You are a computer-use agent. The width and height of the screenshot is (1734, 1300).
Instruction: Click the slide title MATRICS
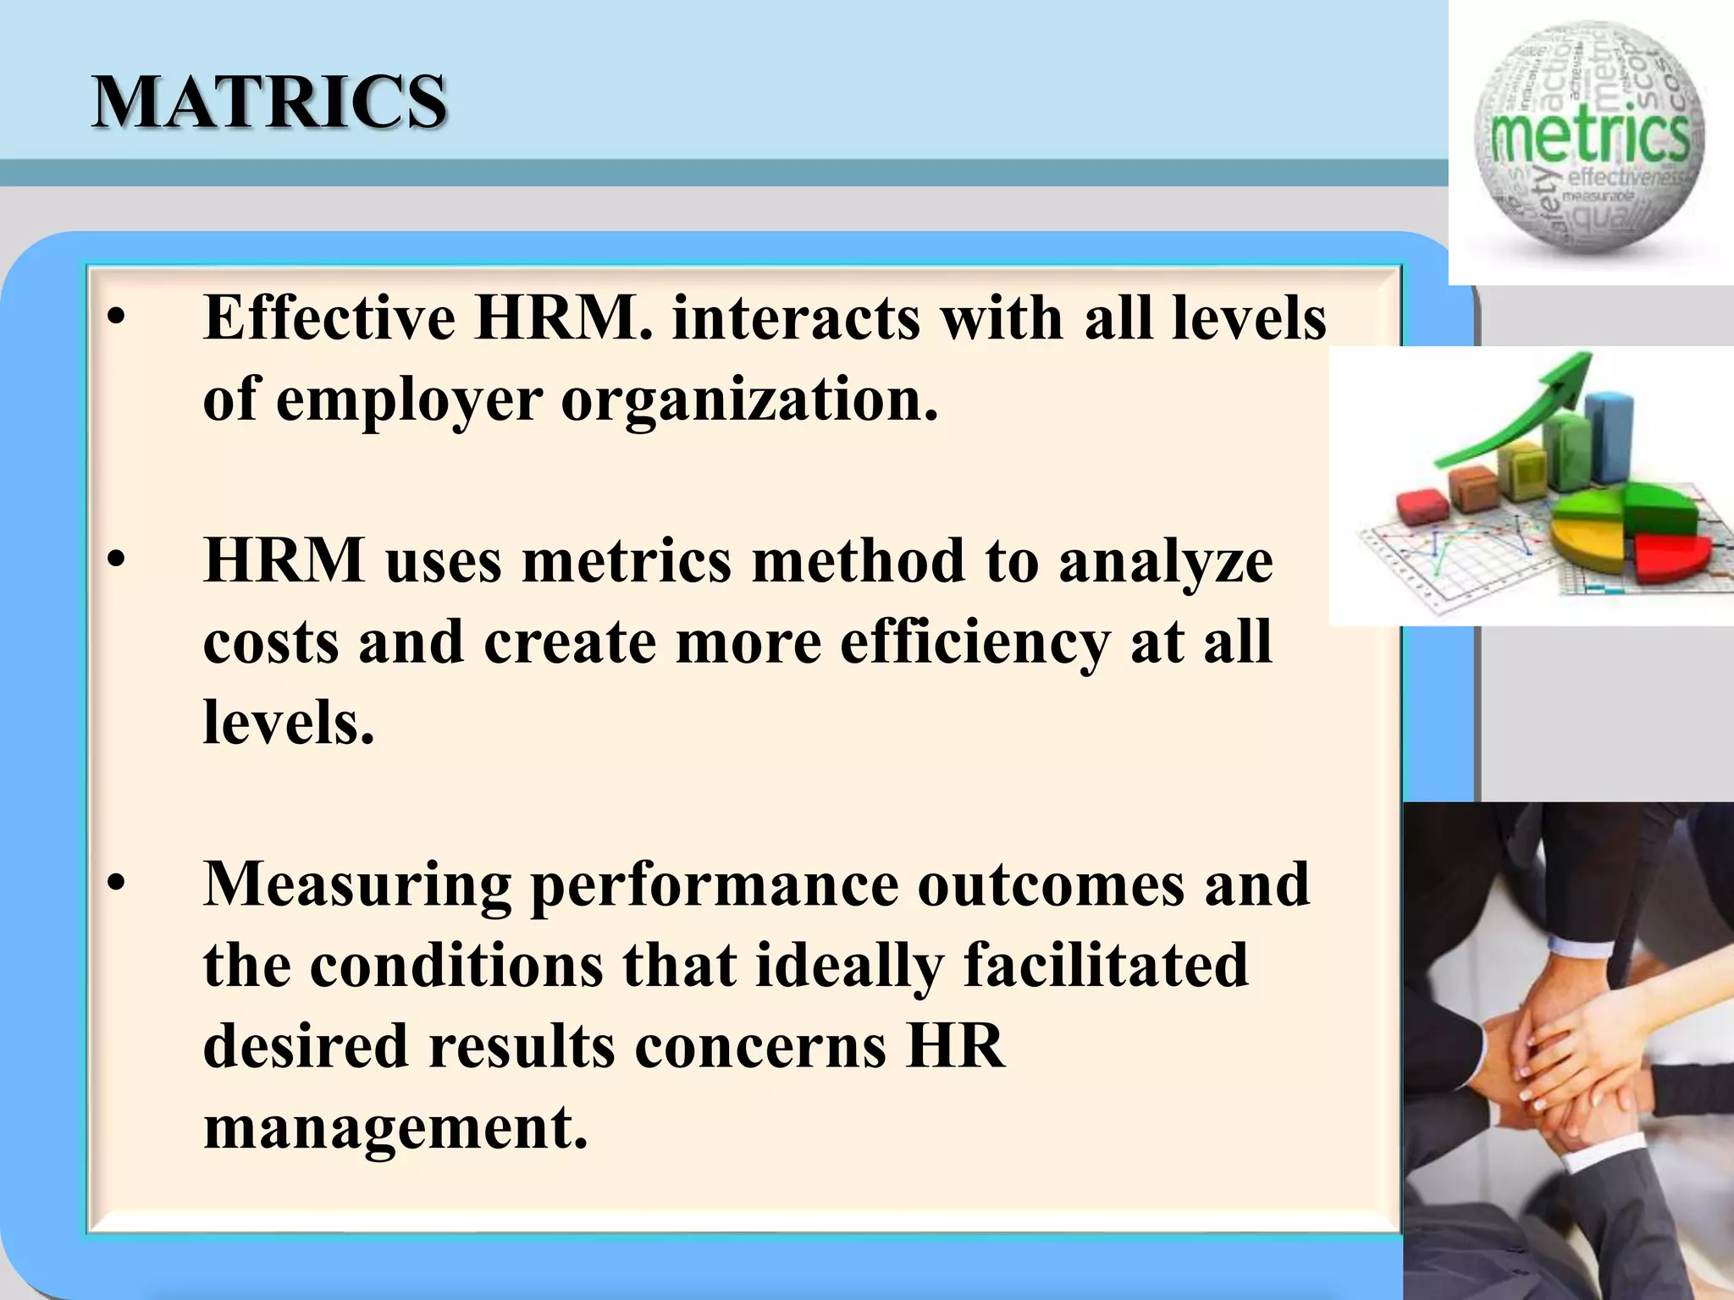tap(269, 102)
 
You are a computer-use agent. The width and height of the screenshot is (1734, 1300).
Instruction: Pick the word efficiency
tap(975, 642)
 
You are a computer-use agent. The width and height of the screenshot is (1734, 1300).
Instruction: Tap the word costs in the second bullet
tap(270, 642)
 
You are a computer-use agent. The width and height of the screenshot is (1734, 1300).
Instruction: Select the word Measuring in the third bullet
tap(357, 885)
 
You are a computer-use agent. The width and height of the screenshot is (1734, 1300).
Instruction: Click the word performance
tap(714, 885)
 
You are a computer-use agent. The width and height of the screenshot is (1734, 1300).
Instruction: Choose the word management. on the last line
tap(395, 1127)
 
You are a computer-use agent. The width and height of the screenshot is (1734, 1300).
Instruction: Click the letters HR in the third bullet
tap(956, 1046)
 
